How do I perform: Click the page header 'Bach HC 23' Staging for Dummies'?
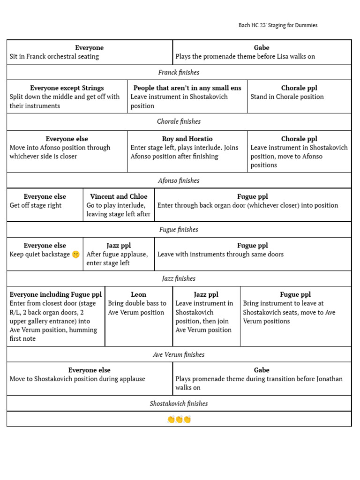[278, 25]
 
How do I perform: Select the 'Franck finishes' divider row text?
[179, 72]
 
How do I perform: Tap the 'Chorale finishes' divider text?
[179, 121]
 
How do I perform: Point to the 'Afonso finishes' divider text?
[179, 180]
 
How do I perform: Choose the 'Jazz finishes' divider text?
[179, 278]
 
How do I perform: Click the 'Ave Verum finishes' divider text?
[179, 354]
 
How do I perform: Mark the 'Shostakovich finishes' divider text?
[179, 403]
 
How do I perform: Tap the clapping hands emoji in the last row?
[179, 420]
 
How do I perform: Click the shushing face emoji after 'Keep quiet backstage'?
[75, 255]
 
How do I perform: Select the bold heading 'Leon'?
[138, 294]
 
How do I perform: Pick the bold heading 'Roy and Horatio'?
[187, 139]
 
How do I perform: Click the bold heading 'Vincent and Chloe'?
[119, 196]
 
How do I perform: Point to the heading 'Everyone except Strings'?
[67, 88]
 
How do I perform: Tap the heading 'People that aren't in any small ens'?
[187, 88]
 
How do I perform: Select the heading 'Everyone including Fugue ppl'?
[55, 294]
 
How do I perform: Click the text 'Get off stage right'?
[36, 205]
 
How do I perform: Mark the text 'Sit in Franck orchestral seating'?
[54, 57]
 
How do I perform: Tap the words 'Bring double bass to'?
[137, 303]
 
